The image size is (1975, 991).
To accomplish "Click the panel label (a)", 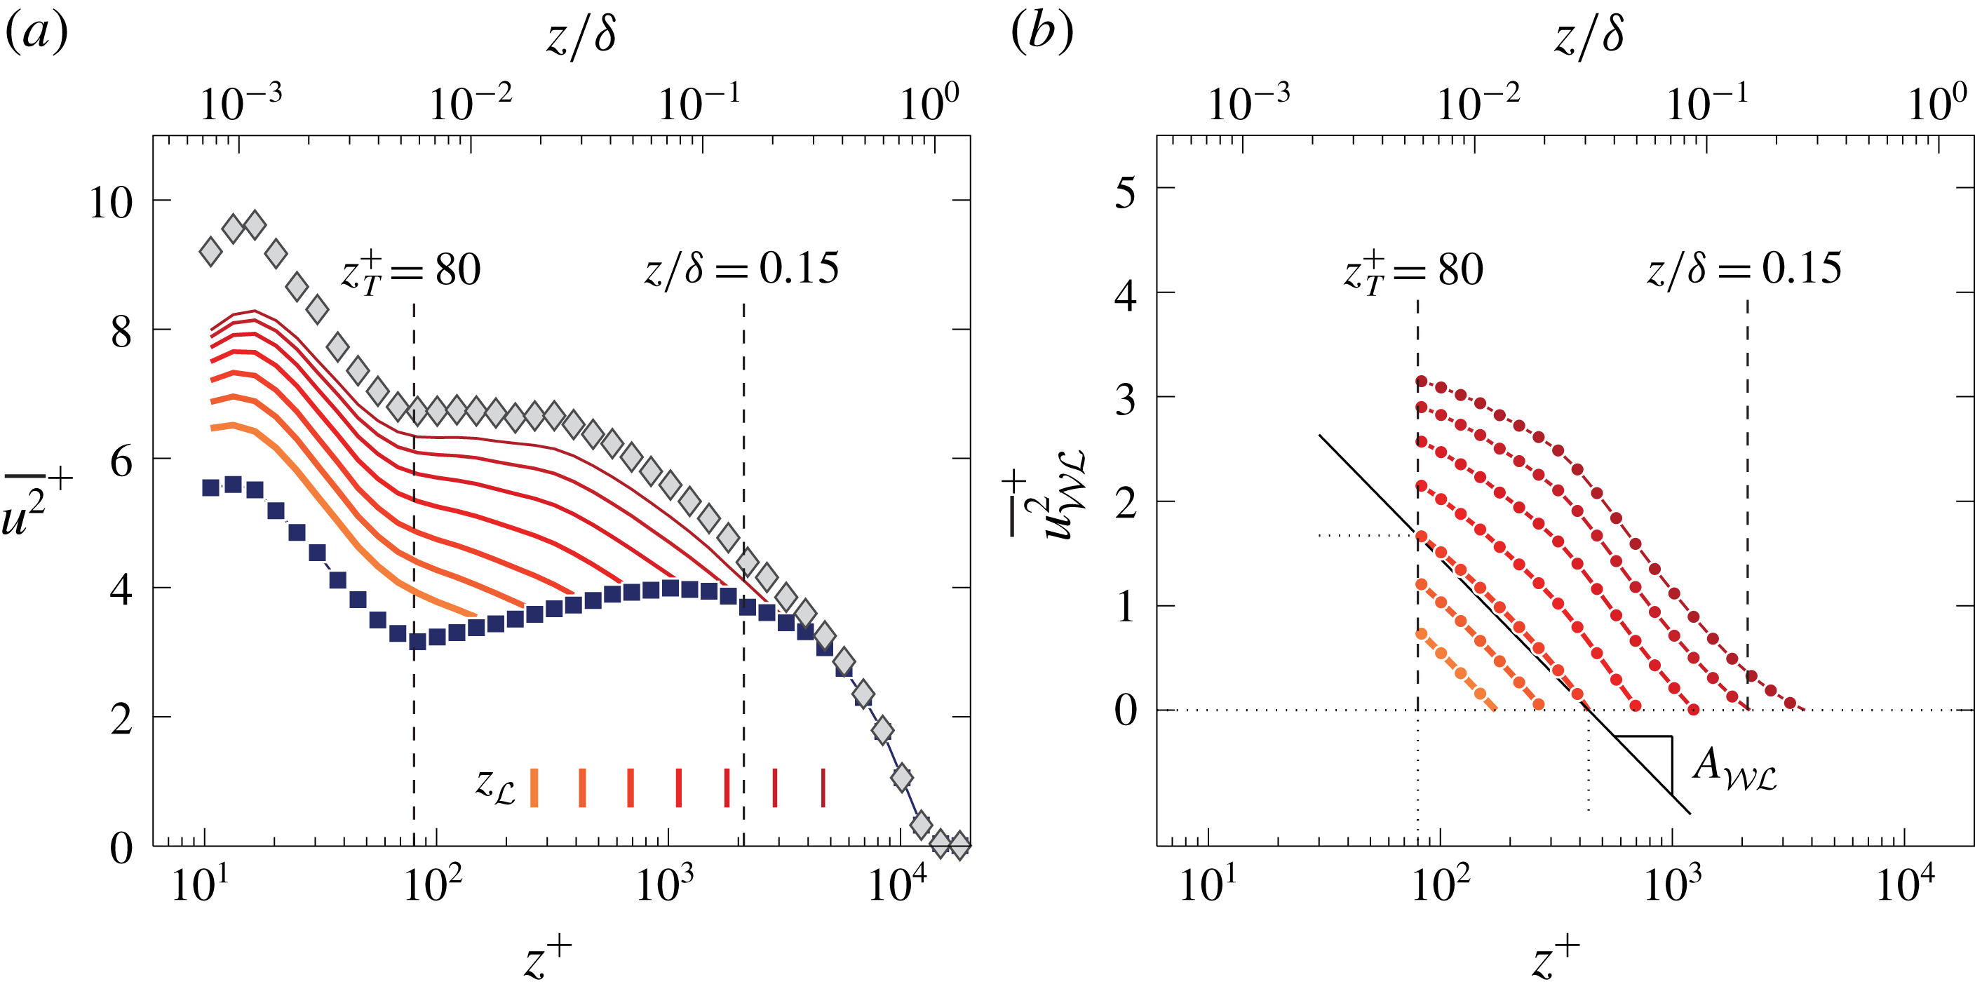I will tap(36, 33).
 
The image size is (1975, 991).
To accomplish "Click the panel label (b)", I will tap(1042, 33).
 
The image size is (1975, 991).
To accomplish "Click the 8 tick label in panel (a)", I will tap(121, 332).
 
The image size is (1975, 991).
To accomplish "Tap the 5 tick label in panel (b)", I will tap(1125, 191).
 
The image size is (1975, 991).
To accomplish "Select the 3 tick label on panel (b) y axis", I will tap(1125, 400).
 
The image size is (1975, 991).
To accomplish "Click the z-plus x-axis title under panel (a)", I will tap(548, 958).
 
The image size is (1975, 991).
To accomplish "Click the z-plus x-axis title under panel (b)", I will tap(1555, 958).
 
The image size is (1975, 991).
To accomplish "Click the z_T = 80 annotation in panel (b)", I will tap(1413, 271).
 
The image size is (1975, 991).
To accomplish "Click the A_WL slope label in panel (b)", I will tap(1734, 768).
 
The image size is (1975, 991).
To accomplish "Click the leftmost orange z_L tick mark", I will tap(534, 787).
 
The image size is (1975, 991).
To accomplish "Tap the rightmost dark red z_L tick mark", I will tap(823, 787).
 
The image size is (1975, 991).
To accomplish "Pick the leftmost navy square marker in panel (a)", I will tap(211, 487).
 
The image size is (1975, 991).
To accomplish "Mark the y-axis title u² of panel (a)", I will tap(34, 502).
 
